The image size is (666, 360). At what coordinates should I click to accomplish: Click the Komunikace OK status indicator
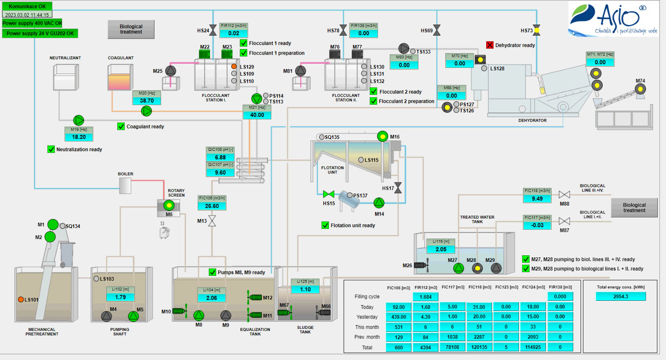click(27, 6)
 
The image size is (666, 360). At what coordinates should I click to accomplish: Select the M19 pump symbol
click(78, 120)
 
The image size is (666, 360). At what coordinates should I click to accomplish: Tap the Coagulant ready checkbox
click(121, 126)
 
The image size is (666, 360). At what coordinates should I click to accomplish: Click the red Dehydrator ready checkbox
click(490, 45)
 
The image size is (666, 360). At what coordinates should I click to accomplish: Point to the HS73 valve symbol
click(536, 31)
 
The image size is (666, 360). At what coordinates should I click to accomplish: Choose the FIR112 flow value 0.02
click(234, 33)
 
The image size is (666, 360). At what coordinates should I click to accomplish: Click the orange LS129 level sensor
click(234, 66)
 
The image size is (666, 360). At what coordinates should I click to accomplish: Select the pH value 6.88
click(221, 157)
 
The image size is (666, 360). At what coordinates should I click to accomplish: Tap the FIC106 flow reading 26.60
click(212, 206)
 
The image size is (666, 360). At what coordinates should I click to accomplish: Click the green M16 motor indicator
click(382, 136)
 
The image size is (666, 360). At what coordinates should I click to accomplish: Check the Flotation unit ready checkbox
click(325, 225)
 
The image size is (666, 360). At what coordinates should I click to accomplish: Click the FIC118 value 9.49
click(537, 199)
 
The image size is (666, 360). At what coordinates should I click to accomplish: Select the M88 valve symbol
click(564, 195)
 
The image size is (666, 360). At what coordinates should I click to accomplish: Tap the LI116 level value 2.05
click(441, 249)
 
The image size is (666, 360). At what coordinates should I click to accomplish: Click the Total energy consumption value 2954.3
click(621, 296)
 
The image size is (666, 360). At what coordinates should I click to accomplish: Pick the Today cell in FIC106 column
click(398, 307)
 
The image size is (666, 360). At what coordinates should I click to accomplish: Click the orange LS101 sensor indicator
click(21, 299)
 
